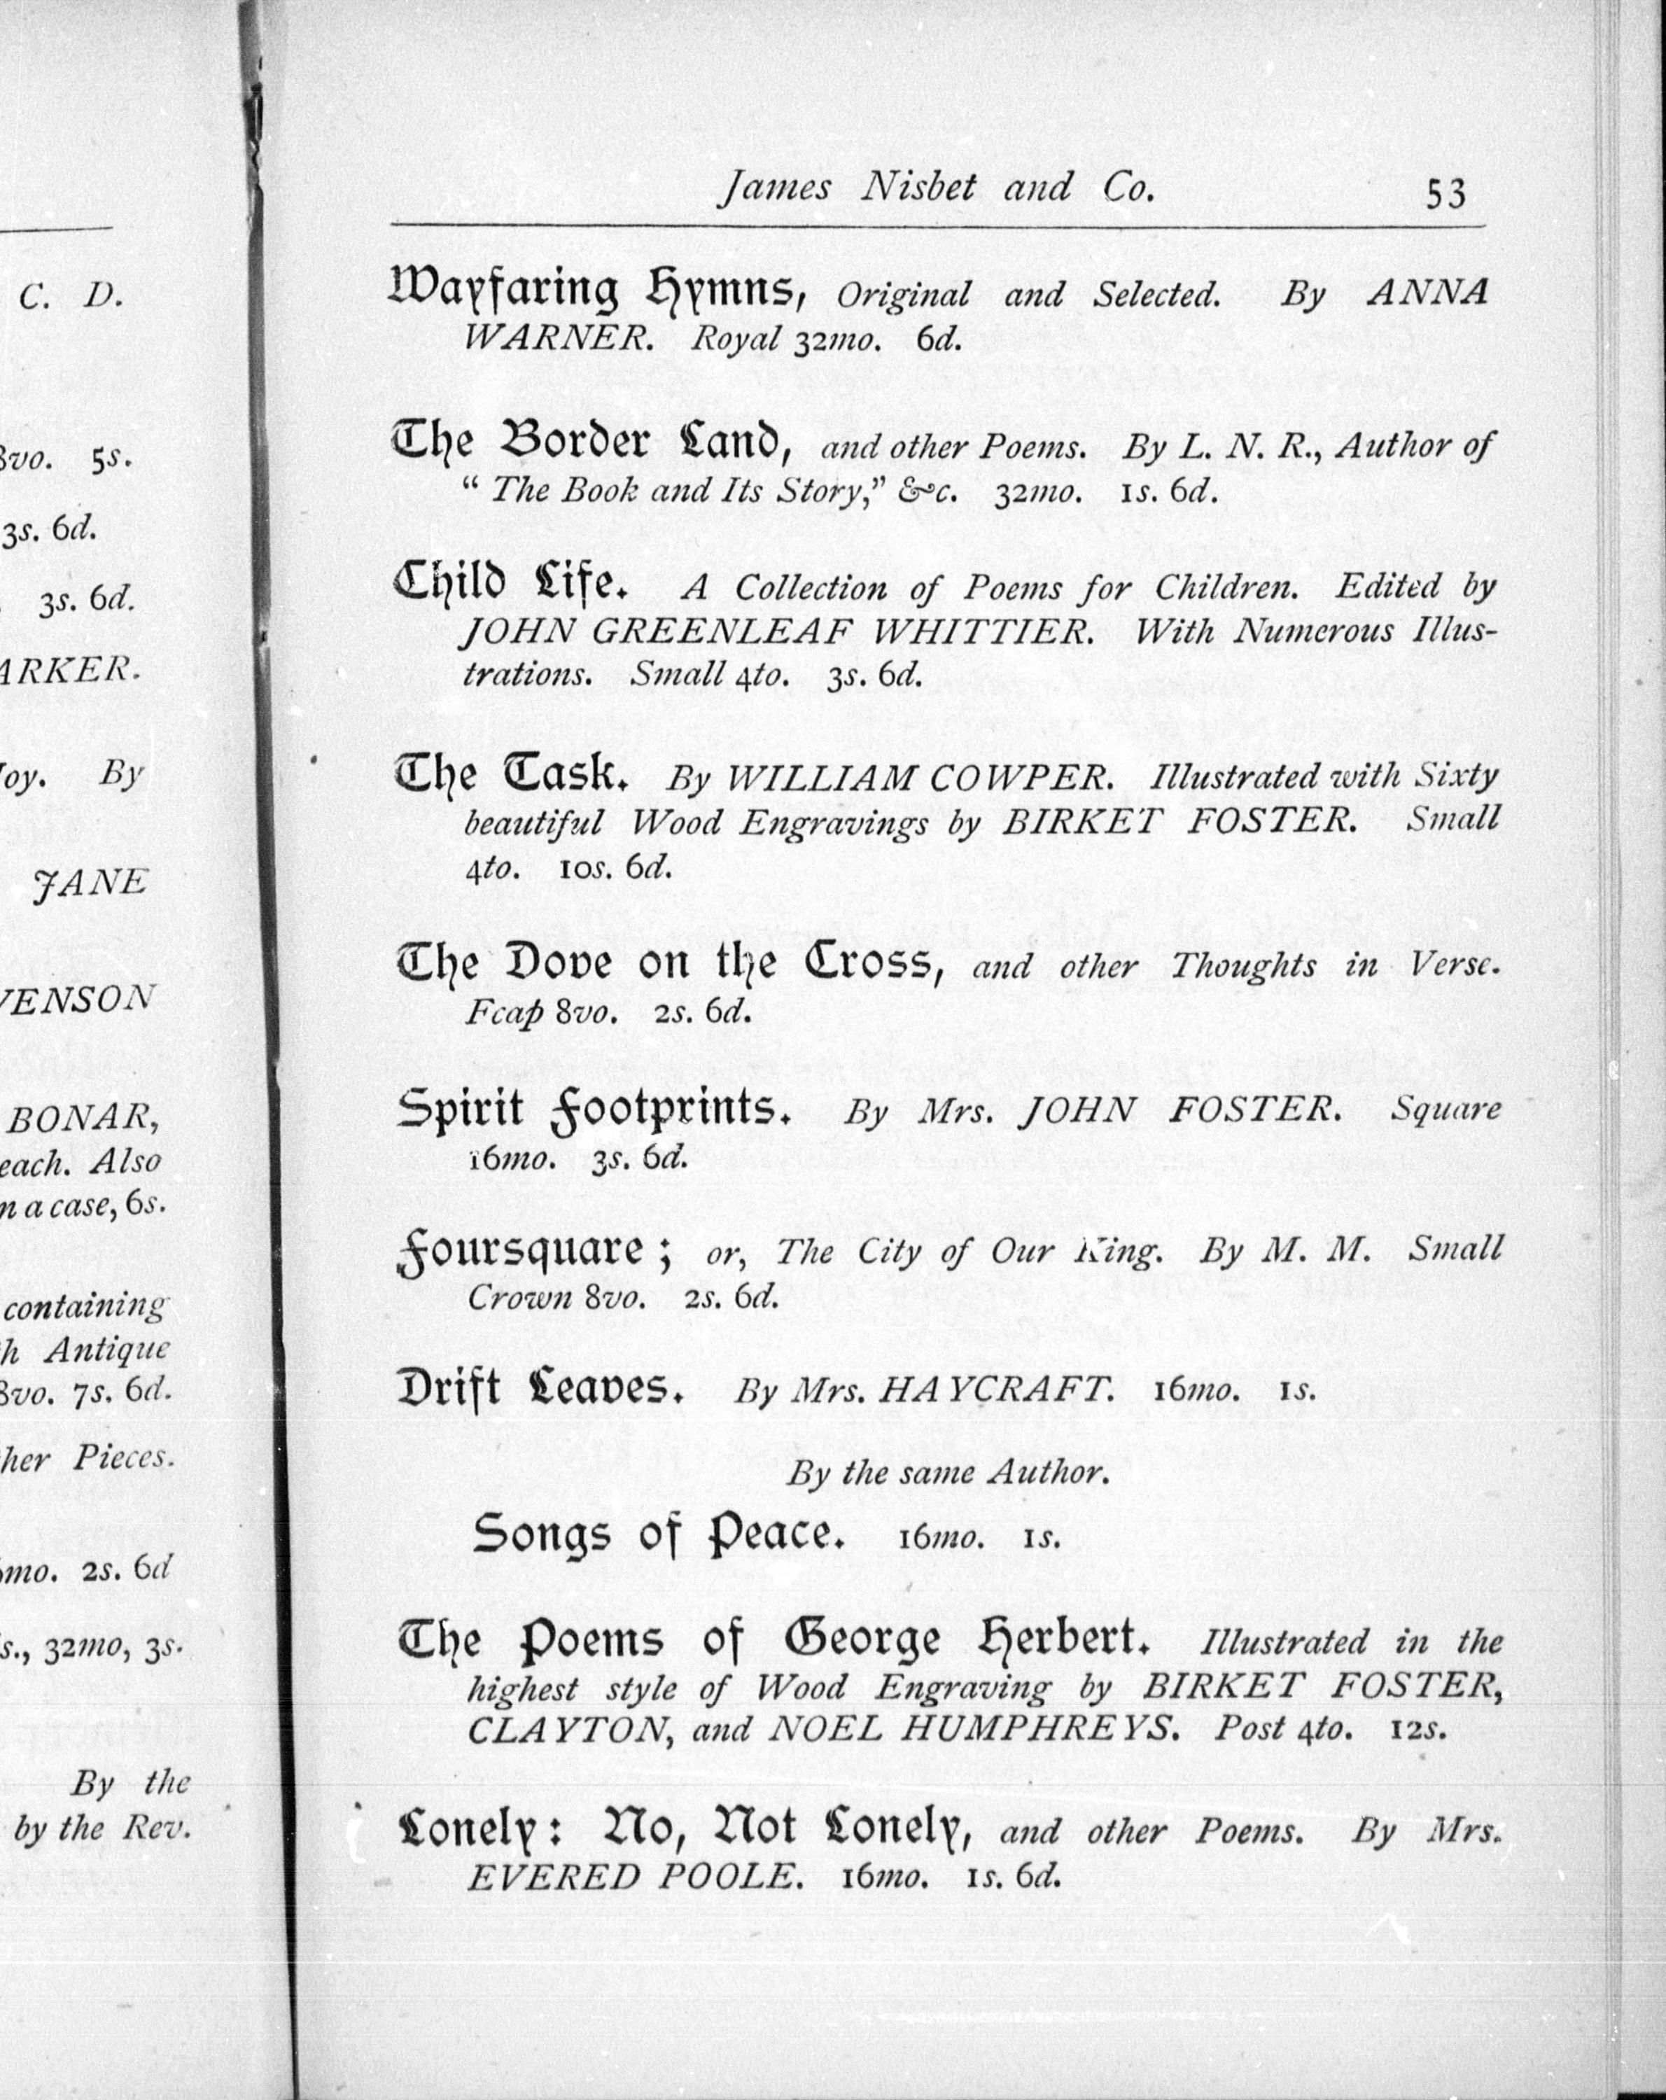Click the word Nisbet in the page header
click(918, 187)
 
